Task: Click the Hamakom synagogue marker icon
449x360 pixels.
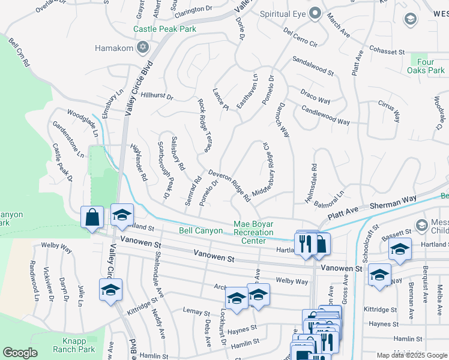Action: tap(143, 47)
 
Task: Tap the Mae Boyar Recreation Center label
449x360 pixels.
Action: tap(253, 232)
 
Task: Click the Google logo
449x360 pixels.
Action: tap(20, 353)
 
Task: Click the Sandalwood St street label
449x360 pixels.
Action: tap(313, 65)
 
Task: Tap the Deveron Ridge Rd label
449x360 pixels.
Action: tap(229, 185)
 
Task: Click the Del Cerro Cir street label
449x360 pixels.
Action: tap(300, 36)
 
